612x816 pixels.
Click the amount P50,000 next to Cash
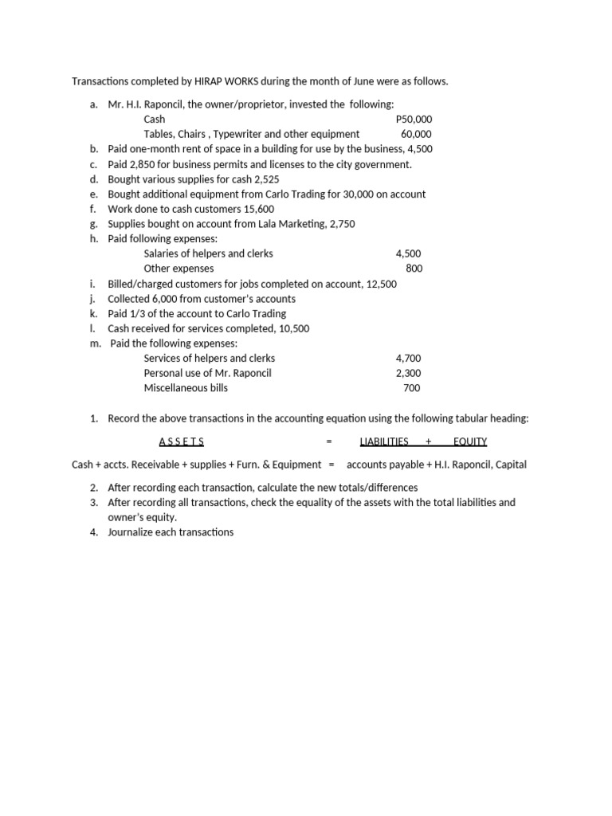pos(414,119)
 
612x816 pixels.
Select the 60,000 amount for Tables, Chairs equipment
pos(416,134)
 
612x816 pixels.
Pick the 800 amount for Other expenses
pos(414,269)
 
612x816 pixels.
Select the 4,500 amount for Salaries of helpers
pos(408,253)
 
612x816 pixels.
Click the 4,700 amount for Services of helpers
pos(408,359)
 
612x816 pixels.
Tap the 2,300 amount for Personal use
pos(408,373)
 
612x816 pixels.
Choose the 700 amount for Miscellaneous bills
pos(411,388)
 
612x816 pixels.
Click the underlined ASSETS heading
pos(181,441)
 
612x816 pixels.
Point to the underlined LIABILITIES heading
pos(384,441)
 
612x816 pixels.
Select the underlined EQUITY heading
pos(470,441)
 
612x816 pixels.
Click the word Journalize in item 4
pos(131,532)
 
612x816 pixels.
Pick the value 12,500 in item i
pos(381,284)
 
